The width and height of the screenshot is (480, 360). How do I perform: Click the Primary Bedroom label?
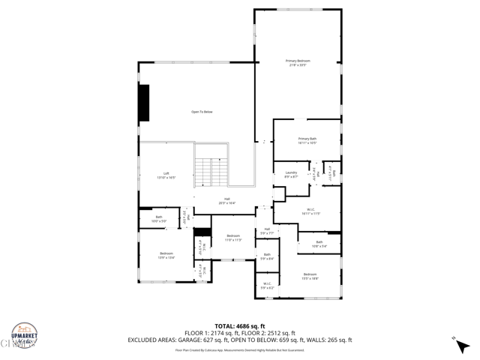[298, 63]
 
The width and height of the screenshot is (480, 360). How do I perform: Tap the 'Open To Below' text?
[202, 112]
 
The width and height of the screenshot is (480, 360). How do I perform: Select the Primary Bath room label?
[307, 140]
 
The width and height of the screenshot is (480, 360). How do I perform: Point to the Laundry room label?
[291, 174]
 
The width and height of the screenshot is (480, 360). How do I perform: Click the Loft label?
[166, 175]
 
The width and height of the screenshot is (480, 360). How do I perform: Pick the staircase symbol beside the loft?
[211, 172]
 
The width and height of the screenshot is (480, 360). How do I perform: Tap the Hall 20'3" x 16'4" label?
[226, 200]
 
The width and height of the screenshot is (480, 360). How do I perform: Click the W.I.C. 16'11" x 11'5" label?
[311, 211]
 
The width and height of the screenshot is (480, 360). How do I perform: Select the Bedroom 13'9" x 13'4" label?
[166, 255]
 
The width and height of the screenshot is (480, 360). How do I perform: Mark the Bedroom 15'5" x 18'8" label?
[310, 276]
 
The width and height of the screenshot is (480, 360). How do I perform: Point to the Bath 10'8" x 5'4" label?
[319, 243]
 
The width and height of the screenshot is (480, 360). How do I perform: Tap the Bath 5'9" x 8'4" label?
[267, 256]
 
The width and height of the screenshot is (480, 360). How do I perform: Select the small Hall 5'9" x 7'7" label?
[267, 231]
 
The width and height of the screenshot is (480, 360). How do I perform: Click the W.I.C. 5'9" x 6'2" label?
[267, 285]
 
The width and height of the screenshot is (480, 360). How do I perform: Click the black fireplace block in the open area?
[143, 102]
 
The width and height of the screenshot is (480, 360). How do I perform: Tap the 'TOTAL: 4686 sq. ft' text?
[240, 326]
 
